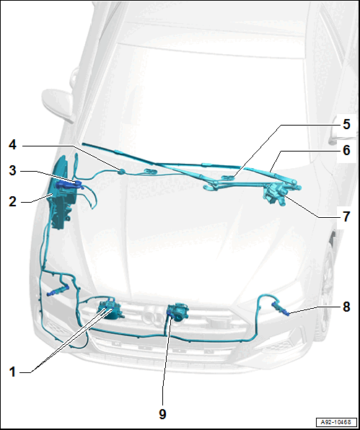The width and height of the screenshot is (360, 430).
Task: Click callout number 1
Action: [12, 372]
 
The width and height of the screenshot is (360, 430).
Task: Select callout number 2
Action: [12, 202]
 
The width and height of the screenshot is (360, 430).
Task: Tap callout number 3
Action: [12, 170]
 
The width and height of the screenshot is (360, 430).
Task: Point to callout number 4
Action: [12, 145]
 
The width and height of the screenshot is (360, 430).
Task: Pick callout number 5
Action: [346, 124]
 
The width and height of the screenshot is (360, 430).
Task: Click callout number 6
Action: [346, 150]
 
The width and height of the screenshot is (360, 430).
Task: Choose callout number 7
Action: [346, 216]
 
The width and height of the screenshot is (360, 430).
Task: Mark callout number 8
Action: [346, 307]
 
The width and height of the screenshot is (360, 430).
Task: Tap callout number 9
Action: [162, 414]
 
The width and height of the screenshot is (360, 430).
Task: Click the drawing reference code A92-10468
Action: [336, 422]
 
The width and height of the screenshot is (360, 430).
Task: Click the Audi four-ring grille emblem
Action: [153, 318]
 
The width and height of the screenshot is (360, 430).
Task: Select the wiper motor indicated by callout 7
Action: [274, 194]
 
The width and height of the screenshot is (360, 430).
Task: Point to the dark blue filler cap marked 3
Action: [69, 184]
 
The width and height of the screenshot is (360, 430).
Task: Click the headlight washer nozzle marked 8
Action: [281, 309]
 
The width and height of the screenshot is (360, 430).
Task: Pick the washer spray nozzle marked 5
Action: [228, 177]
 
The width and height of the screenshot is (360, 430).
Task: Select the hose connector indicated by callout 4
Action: [121, 172]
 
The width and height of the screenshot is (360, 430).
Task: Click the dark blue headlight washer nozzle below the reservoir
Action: [58, 291]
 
